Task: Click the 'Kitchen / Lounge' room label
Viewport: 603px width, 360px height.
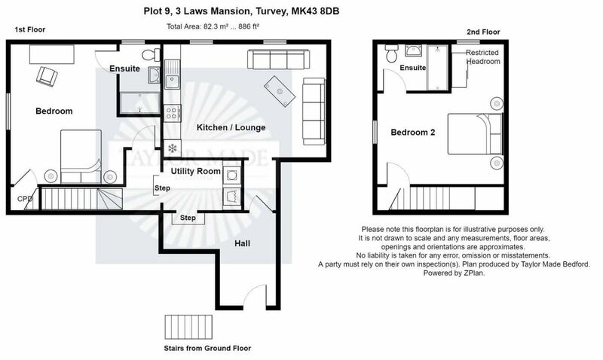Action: (x=231, y=127)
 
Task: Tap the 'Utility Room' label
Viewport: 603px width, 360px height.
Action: (x=196, y=171)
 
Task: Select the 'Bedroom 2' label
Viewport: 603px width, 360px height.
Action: (x=412, y=133)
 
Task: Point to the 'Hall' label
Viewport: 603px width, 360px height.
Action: (x=242, y=243)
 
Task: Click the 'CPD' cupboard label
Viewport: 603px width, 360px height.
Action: (x=25, y=199)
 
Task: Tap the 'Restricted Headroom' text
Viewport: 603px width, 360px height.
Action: (x=482, y=57)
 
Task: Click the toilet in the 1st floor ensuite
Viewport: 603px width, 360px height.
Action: (x=151, y=54)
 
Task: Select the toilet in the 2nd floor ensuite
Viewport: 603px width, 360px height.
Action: (x=392, y=54)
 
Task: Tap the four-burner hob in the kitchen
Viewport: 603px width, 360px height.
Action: (x=172, y=113)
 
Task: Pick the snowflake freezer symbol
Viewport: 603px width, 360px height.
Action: (x=173, y=148)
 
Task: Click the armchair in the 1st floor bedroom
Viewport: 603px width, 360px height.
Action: (x=47, y=76)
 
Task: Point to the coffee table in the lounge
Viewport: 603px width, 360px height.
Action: (x=280, y=91)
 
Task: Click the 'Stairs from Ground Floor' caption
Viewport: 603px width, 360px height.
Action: (x=207, y=349)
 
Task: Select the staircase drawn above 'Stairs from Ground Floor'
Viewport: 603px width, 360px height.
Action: (x=188, y=327)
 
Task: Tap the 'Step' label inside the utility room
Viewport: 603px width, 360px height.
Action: (x=162, y=188)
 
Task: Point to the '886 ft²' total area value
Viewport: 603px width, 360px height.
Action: (x=249, y=26)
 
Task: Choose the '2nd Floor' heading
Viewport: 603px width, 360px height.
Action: (x=483, y=32)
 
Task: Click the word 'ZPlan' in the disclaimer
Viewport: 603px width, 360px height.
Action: (x=474, y=273)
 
